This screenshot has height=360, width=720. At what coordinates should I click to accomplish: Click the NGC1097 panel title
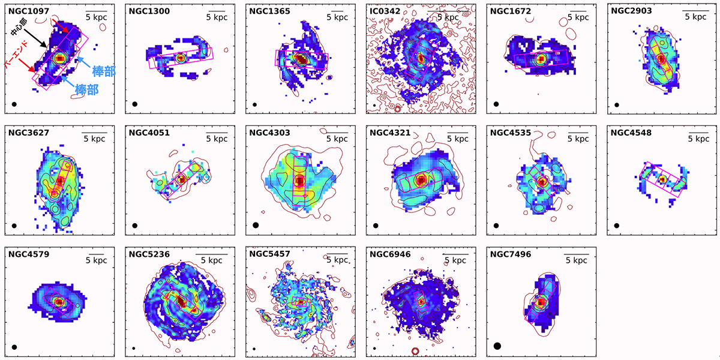click(x=29, y=11)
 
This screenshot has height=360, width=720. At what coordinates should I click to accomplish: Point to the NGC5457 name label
click(x=269, y=254)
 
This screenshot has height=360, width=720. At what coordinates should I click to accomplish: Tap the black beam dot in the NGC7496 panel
click(x=497, y=346)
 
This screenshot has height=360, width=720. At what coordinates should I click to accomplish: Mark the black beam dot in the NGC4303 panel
click(x=256, y=225)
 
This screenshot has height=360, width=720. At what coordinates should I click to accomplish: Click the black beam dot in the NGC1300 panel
click(x=135, y=104)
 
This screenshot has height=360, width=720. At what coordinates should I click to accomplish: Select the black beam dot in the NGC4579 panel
click(x=14, y=346)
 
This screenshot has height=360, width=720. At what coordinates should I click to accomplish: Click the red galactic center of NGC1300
click(x=181, y=58)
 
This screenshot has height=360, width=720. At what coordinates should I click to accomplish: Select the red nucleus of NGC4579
click(x=59, y=302)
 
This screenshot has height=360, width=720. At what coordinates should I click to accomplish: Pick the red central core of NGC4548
click(x=663, y=179)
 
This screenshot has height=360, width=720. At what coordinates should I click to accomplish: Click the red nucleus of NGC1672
click(x=542, y=59)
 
